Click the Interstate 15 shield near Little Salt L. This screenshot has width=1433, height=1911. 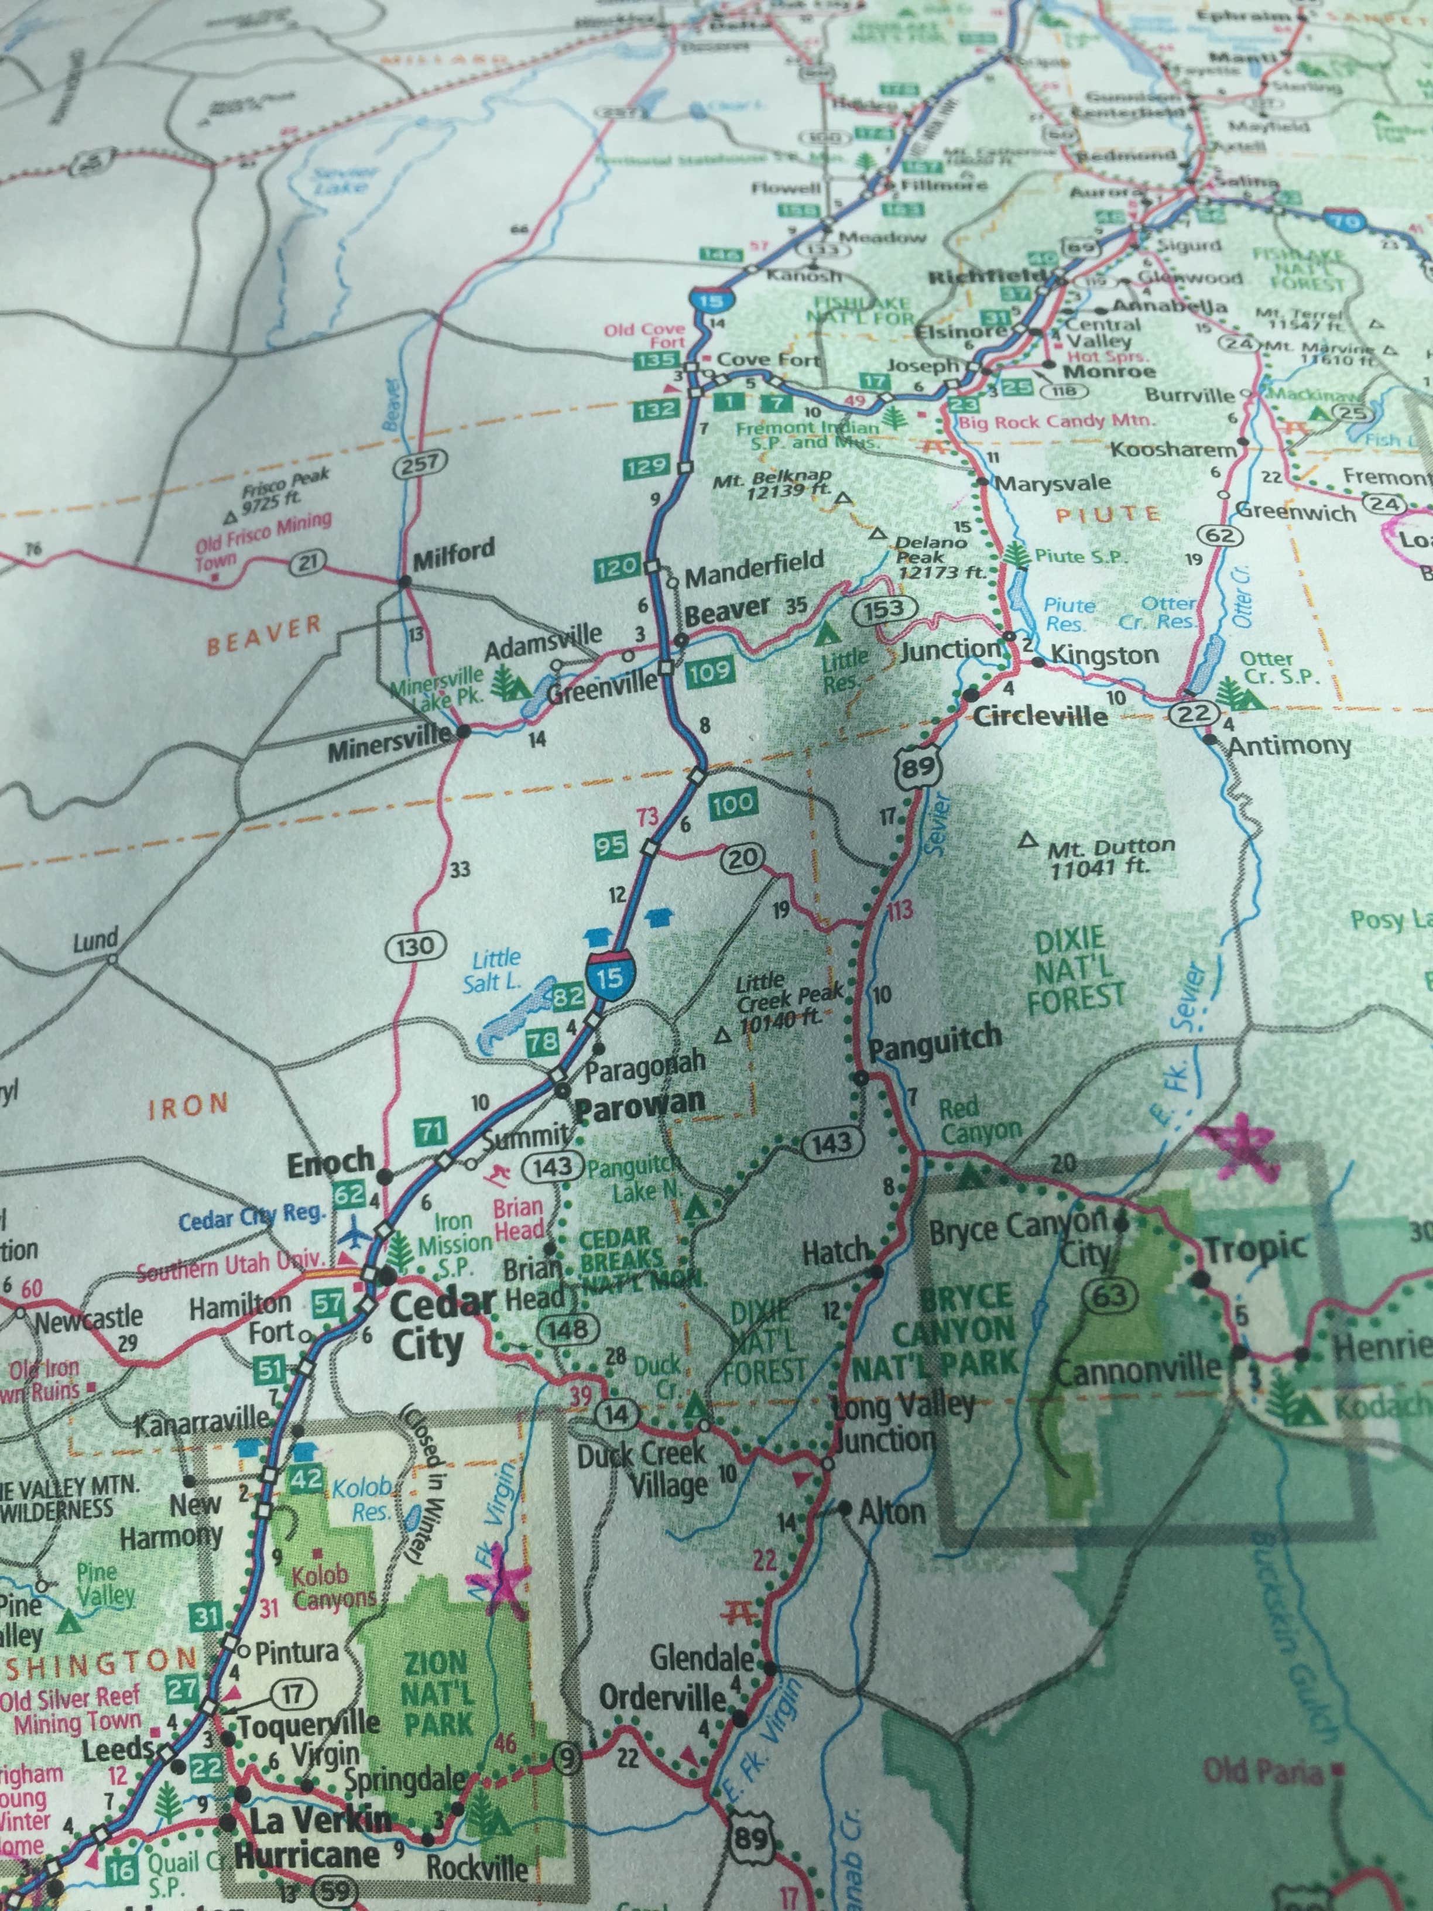pyautogui.click(x=609, y=976)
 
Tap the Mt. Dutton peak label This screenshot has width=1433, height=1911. pyautogui.click(x=1110, y=856)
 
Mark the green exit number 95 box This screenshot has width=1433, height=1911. pyautogui.click(x=611, y=844)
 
